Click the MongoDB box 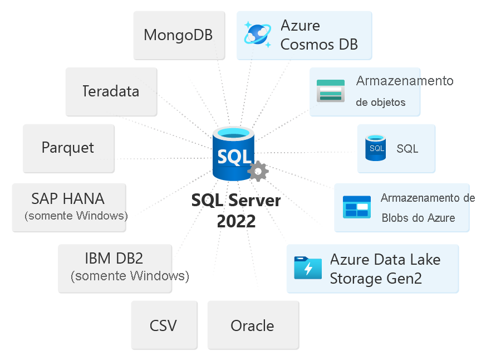click(x=179, y=35)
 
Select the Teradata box click(x=111, y=91)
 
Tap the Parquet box click(x=68, y=148)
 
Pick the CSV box click(x=164, y=325)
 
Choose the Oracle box click(x=252, y=325)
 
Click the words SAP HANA click(x=68, y=198)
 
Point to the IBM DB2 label click(x=114, y=258)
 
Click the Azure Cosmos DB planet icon click(x=258, y=34)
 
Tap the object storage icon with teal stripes click(x=331, y=91)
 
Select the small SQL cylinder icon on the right click(x=376, y=148)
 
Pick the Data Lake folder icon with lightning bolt click(x=308, y=268)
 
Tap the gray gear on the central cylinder click(x=258, y=171)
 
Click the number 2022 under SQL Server click(x=236, y=221)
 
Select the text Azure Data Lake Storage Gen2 click(x=385, y=269)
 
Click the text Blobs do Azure click(x=418, y=218)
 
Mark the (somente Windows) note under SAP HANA click(x=76, y=216)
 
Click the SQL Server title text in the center click(x=236, y=200)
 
